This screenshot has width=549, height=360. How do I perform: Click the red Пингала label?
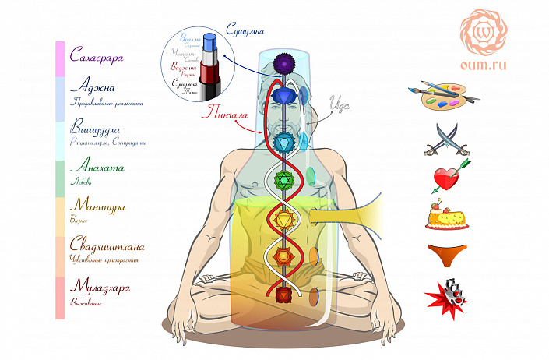[226, 114]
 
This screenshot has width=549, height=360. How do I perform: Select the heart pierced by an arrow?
[446, 178]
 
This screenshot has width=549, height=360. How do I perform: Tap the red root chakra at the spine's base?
[283, 294]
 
